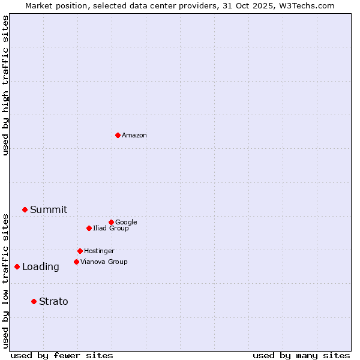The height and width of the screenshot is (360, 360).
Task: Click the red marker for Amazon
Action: (118, 135)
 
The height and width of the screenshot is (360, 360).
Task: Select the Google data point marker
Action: (111, 222)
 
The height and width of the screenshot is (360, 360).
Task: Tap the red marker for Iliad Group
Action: (89, 228)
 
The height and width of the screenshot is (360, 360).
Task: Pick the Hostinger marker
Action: (80, 251)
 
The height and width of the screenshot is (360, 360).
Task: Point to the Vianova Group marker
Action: (76, 262)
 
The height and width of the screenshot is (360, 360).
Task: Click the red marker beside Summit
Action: (25, 209)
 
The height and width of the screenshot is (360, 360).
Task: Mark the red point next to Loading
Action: (17, 266)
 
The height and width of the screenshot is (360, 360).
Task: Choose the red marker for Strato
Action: (34, 301)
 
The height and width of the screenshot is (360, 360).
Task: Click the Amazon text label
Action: (134, 136)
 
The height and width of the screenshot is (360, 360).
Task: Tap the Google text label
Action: (126, 223)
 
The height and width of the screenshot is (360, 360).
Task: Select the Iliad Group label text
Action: (111, 229)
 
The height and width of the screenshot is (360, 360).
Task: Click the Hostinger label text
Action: (99, 251)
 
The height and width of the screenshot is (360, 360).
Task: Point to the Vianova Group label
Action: (104, 262)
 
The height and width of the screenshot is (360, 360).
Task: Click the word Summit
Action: (49, 210)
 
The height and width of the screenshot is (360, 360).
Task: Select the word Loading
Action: (41, 267)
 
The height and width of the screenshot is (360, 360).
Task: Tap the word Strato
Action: (53, 302)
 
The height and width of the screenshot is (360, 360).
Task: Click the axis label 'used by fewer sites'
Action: (62, 355)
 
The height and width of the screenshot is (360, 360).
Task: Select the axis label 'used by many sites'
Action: (301, 355)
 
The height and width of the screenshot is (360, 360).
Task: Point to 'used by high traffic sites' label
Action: (5, 85)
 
